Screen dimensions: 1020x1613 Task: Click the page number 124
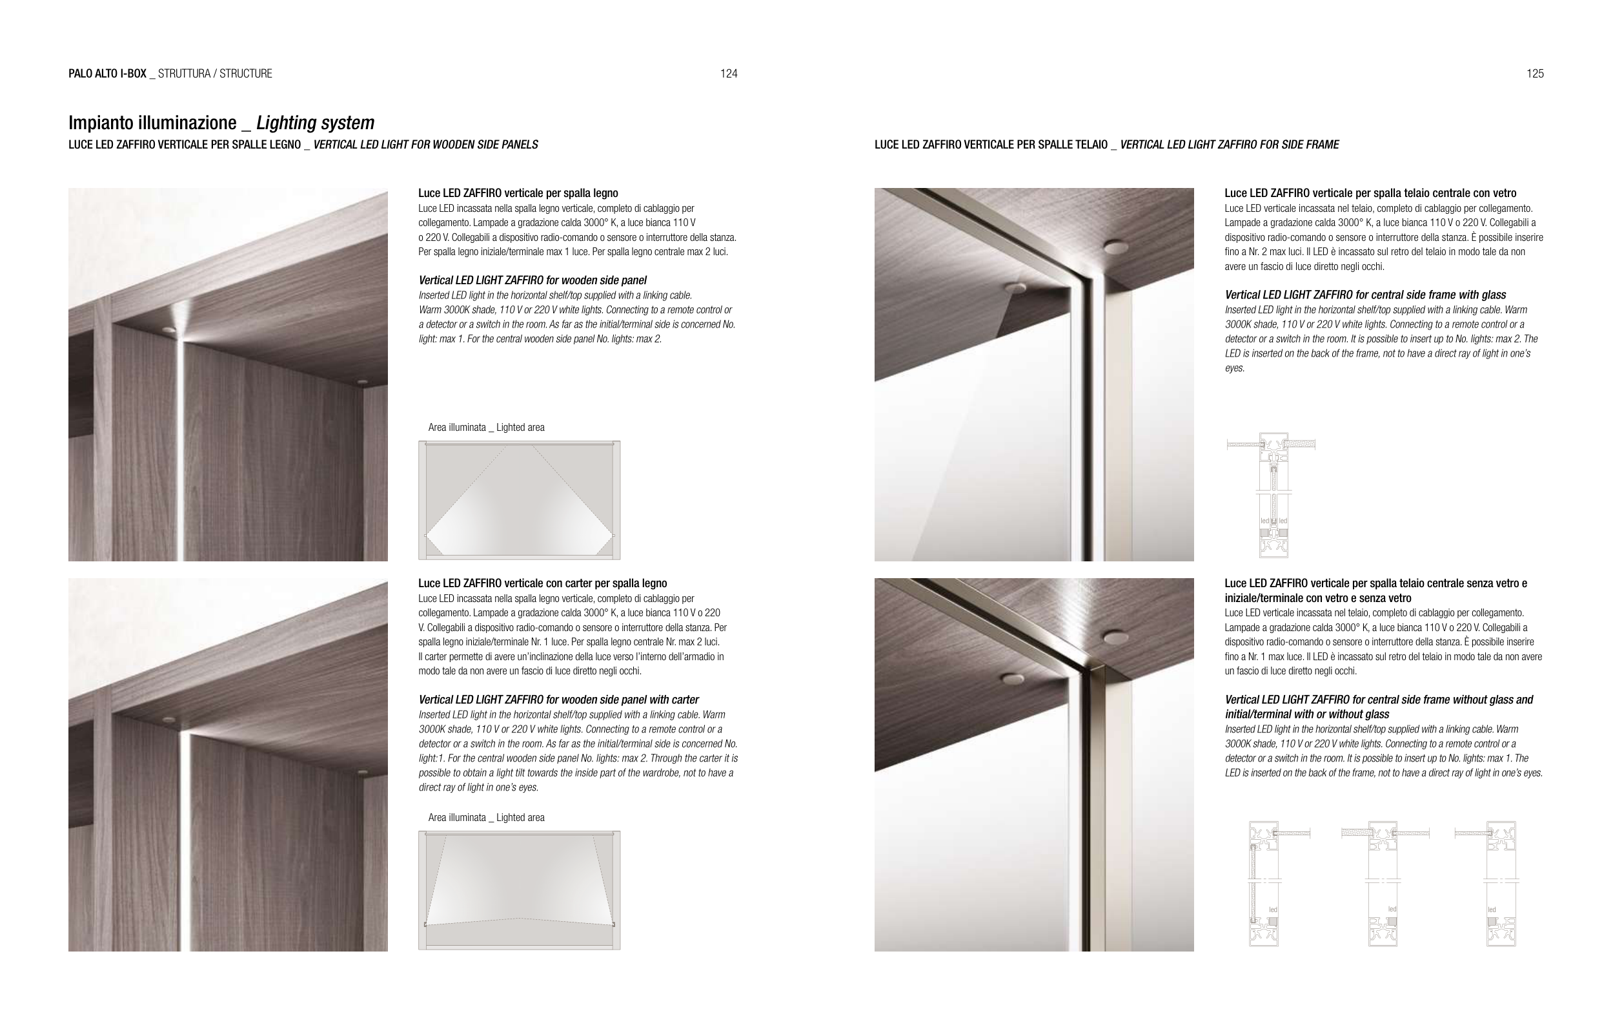coord(729,74)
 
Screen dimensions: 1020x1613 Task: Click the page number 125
coord(1535,74)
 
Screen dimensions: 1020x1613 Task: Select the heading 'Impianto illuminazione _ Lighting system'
coord(221,123)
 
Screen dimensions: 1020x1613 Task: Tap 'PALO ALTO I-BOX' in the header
coord(107,74)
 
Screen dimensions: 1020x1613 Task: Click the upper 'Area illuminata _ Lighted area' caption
coord(485,428)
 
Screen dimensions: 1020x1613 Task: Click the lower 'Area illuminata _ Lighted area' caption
coord(485,818)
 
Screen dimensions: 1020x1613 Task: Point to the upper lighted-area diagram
coord(519,500)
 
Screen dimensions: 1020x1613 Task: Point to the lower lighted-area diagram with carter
coord(519,890)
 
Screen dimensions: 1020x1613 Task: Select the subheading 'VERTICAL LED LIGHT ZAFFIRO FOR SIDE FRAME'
coord(1229,145)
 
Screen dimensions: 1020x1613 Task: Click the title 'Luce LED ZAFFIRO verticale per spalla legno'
coord(518,193)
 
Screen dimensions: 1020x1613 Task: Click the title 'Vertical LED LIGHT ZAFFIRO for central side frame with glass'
coord(1365,295)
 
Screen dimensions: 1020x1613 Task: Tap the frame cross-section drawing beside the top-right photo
coord(1273,495)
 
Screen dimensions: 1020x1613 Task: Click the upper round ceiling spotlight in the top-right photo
coord(1115,247)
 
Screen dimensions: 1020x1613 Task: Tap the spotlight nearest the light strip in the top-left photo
coord(168,329)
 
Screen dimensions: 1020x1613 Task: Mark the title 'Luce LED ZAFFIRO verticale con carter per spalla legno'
coord(543,583)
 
